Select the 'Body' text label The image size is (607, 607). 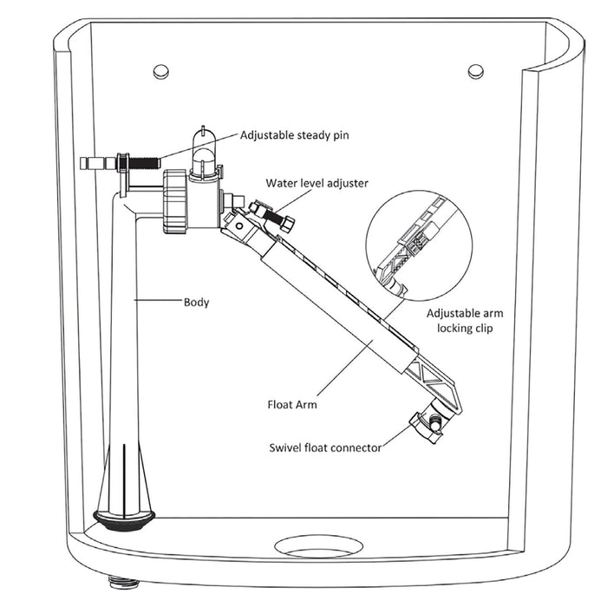click(196, 303)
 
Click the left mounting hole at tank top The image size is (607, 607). click(160, 71)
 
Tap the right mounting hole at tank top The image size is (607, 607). click(475, 71)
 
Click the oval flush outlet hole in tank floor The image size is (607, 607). click(319, 546)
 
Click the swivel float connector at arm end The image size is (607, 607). click(428, 424)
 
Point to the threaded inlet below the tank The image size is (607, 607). click(116, 579)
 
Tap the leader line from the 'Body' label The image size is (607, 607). click(158, 303)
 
